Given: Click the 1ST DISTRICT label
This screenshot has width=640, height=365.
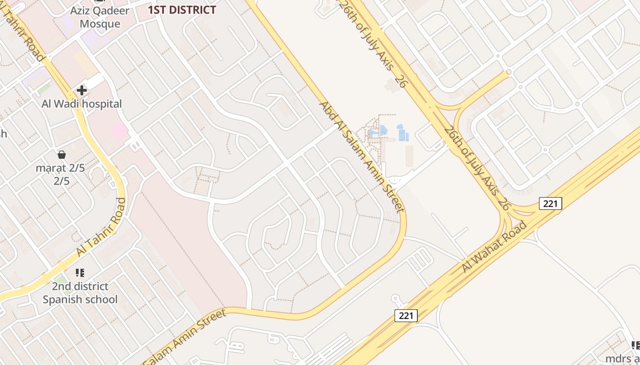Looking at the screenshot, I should (182, 10).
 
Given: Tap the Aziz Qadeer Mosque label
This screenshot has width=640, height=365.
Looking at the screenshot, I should (100, 17).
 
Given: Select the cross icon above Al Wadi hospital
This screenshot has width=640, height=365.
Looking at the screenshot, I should (82, 90).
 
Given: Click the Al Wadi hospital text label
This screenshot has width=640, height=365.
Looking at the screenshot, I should (82, 104).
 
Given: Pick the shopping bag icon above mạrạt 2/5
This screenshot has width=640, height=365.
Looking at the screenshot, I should (62, 155).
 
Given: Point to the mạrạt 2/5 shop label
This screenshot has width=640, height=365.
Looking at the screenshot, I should (62, 174).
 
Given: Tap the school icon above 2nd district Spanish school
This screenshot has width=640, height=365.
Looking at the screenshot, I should (80, 273).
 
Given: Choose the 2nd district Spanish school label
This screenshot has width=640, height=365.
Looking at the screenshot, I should (80, 293).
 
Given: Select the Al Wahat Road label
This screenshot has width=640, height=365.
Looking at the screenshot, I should (495, 246).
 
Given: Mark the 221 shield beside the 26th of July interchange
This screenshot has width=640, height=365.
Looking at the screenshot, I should (550, 203).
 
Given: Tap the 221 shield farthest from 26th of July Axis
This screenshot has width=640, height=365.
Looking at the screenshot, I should (406, 315).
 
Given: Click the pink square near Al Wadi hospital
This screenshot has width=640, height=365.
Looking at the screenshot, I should (119, 131).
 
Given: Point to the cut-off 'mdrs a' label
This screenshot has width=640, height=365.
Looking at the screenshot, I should (623, 358).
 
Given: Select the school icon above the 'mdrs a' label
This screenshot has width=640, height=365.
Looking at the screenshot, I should (635, 345).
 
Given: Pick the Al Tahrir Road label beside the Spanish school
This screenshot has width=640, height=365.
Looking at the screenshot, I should (101, 227).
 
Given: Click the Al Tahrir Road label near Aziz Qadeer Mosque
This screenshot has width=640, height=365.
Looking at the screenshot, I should (23, 31).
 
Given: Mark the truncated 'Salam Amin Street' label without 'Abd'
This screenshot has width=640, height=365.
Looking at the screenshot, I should (185, 337).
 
